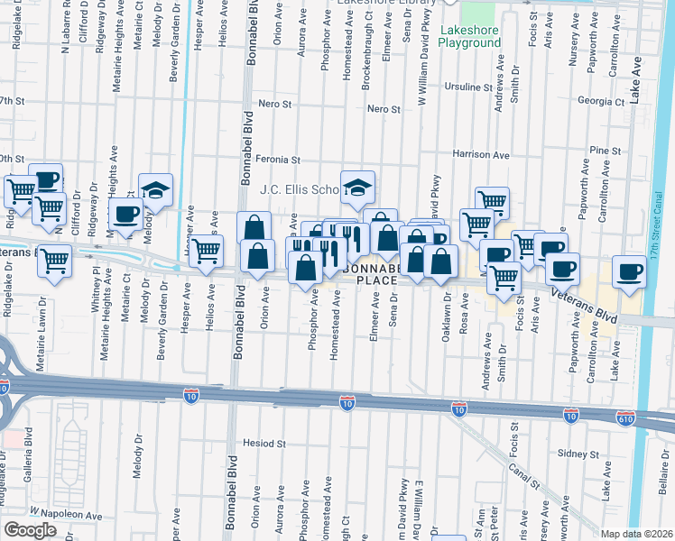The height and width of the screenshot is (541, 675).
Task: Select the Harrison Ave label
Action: click(481, 155)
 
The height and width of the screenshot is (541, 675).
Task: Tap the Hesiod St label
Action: click(264, 444)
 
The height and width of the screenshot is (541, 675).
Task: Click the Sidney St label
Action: click(572, 453)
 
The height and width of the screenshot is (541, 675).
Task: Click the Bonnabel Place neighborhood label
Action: click(374, 275)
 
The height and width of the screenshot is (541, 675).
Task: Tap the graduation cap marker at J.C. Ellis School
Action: click(358, 188)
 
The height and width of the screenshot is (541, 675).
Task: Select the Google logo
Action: click(30, 529)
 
